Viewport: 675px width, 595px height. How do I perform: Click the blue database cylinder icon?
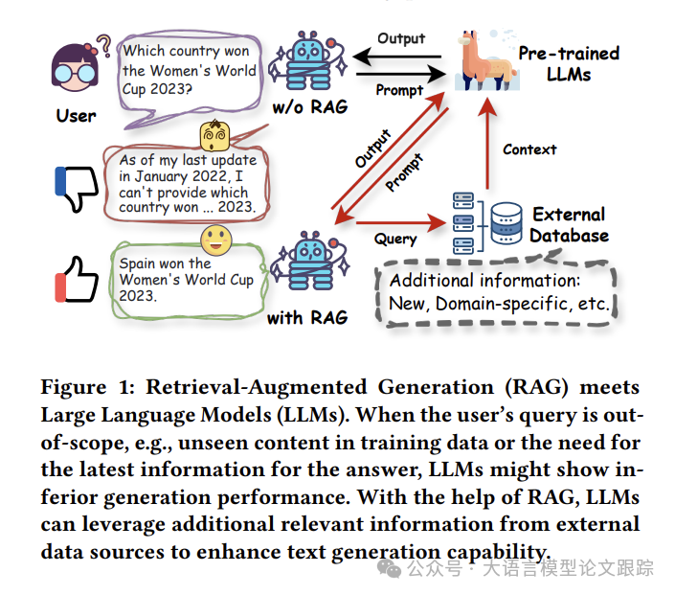pos(504,222)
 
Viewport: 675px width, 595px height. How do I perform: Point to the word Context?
pos(529,149)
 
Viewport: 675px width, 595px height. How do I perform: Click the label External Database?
pos(570,224)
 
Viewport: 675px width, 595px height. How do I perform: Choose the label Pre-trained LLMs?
pos(569,63)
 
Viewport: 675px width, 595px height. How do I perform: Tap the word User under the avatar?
pos(77,115)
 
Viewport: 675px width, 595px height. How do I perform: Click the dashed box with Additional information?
pos(494,292)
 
